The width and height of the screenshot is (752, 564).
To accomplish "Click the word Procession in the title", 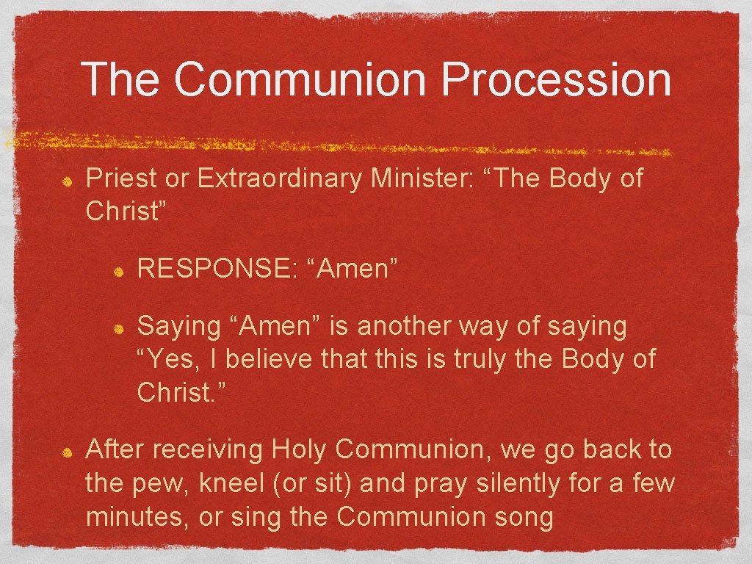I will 556,80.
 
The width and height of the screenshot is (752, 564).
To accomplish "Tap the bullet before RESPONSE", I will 118,270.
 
